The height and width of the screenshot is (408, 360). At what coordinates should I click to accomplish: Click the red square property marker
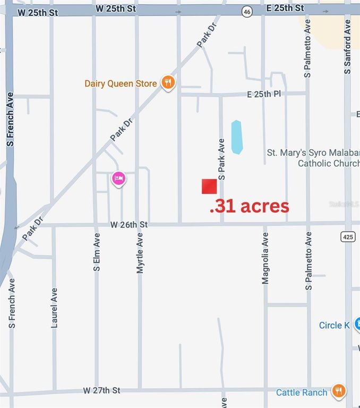(x=209, y=186)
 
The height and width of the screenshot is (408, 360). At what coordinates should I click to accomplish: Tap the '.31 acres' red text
(x=250, y=206)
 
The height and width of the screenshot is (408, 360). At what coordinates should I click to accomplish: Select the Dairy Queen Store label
(x=121, y=83)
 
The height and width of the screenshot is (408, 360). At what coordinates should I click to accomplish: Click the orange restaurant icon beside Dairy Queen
(x=168, y=82)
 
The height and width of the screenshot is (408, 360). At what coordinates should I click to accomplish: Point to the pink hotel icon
(x=118, y=178)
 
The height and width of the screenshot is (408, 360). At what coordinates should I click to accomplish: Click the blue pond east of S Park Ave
(x=236, y=137)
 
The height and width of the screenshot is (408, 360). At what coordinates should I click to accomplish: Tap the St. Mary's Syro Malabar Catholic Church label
(x=313, y=158)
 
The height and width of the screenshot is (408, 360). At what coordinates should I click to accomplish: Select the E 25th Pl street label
(x=264, y=94)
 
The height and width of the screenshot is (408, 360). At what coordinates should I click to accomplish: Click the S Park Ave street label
(x=222, y=159)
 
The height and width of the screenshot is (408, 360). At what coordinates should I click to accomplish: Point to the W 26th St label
(x=128, y=225)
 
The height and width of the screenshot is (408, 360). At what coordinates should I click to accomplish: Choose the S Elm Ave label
(x=97, y=252)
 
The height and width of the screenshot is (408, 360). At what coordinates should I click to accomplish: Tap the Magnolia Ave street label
(x=265, y=258)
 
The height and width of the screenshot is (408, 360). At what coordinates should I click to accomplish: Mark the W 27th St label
(x=101, y=390)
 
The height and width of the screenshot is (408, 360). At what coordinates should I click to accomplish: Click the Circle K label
(x=334, y=325)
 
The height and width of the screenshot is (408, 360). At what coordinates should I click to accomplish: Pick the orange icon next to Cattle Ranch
(x=338, y=392)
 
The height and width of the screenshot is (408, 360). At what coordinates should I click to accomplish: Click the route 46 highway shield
(x=247, y=12)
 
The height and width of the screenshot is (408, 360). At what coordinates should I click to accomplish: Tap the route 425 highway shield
(x=347, y=236)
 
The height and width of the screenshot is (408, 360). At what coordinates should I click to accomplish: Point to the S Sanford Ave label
(x=348, y=46)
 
